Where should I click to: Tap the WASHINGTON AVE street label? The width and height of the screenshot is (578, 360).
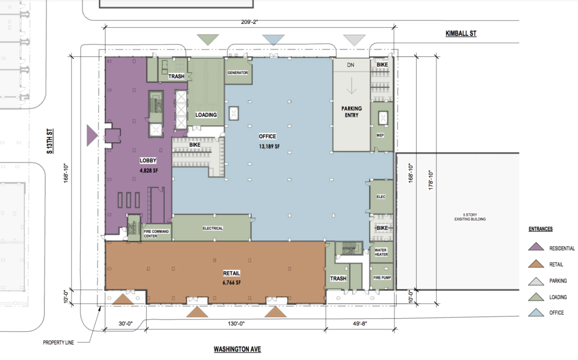click(x=237, y=349)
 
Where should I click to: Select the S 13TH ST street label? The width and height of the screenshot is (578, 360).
click(x=50, y=142)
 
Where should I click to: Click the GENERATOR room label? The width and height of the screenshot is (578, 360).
click(x=238, y=73)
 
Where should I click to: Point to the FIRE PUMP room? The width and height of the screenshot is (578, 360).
click(x=381, y=278)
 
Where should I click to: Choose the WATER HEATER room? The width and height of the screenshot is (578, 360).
click(x=381, y=252)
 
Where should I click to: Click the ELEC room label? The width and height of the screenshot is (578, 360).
click(x=380, y=196)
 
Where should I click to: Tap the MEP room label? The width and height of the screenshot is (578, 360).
click(x=380, y=135)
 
